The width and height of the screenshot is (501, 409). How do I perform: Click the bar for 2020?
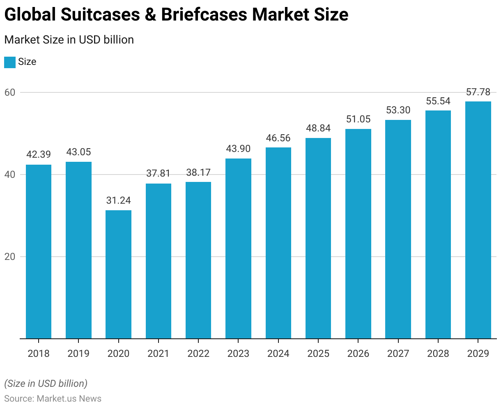coord(118,274)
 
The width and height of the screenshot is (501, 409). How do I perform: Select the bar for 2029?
coord(478,220)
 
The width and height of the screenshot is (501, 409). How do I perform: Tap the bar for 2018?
coord(39,252)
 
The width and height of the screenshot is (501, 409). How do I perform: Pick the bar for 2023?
coord(238,248)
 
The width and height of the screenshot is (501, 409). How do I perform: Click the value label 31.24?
coord(118,200)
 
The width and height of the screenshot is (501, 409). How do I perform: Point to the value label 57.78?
coord(478,92)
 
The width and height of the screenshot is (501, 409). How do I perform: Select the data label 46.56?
coord(278,138)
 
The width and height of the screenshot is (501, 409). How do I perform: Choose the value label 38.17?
coord(198,172)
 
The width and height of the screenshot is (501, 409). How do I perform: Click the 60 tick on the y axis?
coord(10,92)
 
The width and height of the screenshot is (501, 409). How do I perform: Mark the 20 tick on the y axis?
coord(10,257)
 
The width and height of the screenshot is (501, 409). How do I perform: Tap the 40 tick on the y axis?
coord(10,175)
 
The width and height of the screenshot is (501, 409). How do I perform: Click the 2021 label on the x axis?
coord(158,354)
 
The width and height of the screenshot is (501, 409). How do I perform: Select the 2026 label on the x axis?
coord(358,354)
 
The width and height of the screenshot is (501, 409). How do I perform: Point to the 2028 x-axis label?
coord(438,354)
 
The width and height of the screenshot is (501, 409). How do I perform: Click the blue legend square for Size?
coord(10,62)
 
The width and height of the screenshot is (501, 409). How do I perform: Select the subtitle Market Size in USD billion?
coord(69,40)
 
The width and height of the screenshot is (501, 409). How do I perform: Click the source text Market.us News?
coord(69,399)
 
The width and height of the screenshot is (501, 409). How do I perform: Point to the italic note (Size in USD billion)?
coord(46,384)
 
